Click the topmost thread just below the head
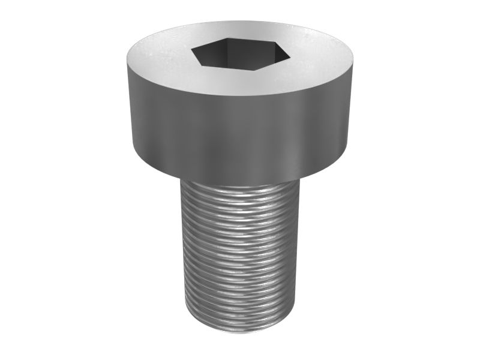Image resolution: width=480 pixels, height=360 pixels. click(240, 186)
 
